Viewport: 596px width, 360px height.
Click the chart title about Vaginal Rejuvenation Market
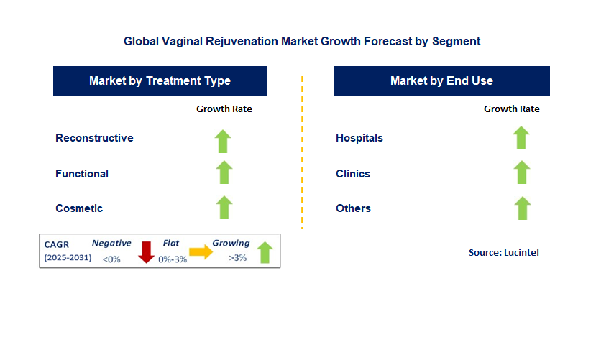pos(302,42)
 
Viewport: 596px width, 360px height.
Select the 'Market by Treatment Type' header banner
pos(160,80)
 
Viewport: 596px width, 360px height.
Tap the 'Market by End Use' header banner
pos(441,80)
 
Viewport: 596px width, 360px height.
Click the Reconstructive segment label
pos(94,138)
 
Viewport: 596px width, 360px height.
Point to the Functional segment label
pos(82,174)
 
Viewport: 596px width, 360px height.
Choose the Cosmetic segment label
pos(79,208)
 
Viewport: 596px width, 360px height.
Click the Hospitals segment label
pos(359,138)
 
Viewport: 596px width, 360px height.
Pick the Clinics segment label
pos(353,174)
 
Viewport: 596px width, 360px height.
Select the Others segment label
pos(353,208)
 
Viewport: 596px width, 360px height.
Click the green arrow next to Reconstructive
pos(224,140)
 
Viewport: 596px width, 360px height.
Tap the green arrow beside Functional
pos(224,172)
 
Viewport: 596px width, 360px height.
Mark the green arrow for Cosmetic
pos(224,207)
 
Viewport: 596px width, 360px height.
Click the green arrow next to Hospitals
pos(521,138)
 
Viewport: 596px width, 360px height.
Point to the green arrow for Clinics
pos(522,172)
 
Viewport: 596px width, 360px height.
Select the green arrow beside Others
pos(522,208)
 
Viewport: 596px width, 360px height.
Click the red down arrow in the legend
pos(147,251)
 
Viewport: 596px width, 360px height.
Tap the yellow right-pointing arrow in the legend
pos(201,251)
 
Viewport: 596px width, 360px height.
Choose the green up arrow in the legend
pos(265,251)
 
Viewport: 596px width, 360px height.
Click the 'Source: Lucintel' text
pos(503,252)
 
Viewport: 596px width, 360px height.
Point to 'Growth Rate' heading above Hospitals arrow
pos(511,109)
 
